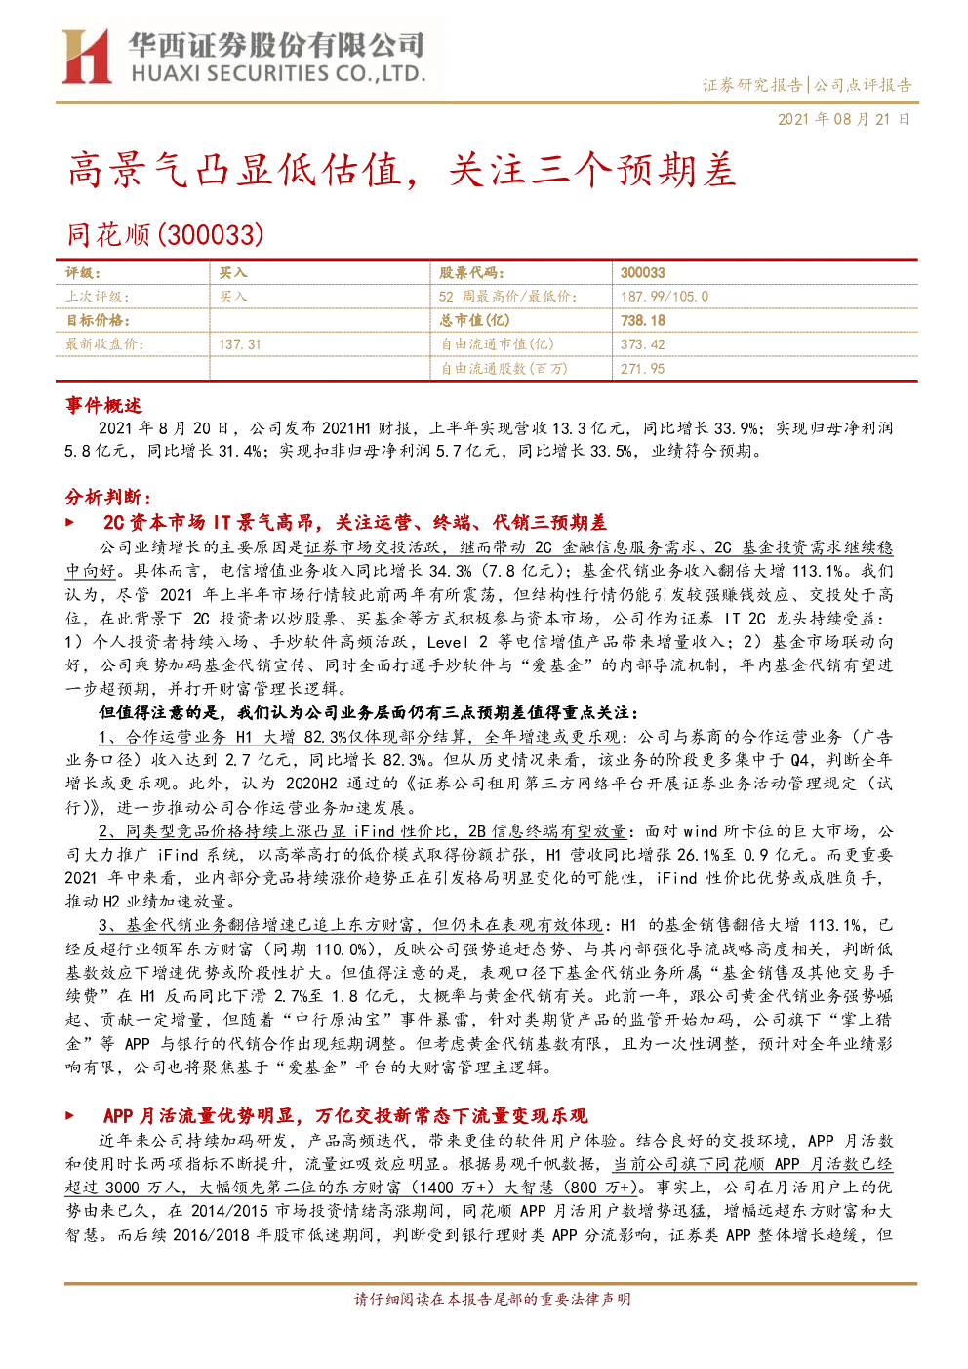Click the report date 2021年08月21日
coord(843,119)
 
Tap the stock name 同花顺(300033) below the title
coord(165,235)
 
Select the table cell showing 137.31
coord(239,344)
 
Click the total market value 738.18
coord(642,320)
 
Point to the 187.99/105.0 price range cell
coord(665,297)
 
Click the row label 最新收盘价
coord(104,344)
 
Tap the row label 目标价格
coord(98,320)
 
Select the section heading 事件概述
coord(103,405)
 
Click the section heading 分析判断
coord(107,497)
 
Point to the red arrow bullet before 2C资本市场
coord(70,523)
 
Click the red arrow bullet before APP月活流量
coord(70,1116)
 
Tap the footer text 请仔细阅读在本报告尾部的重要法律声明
coord(493,1299)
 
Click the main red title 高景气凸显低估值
coord(234,171)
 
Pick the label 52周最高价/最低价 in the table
coord(507,297)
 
